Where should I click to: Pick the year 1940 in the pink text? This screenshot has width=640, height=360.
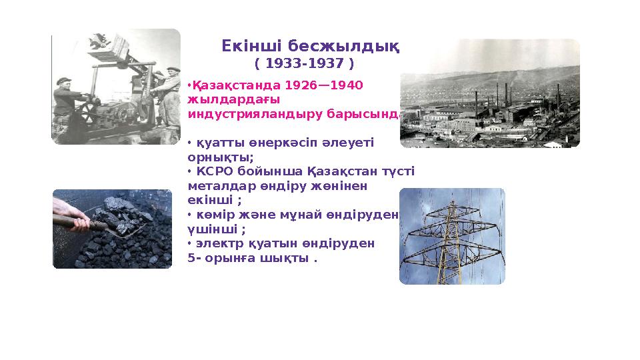347,85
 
